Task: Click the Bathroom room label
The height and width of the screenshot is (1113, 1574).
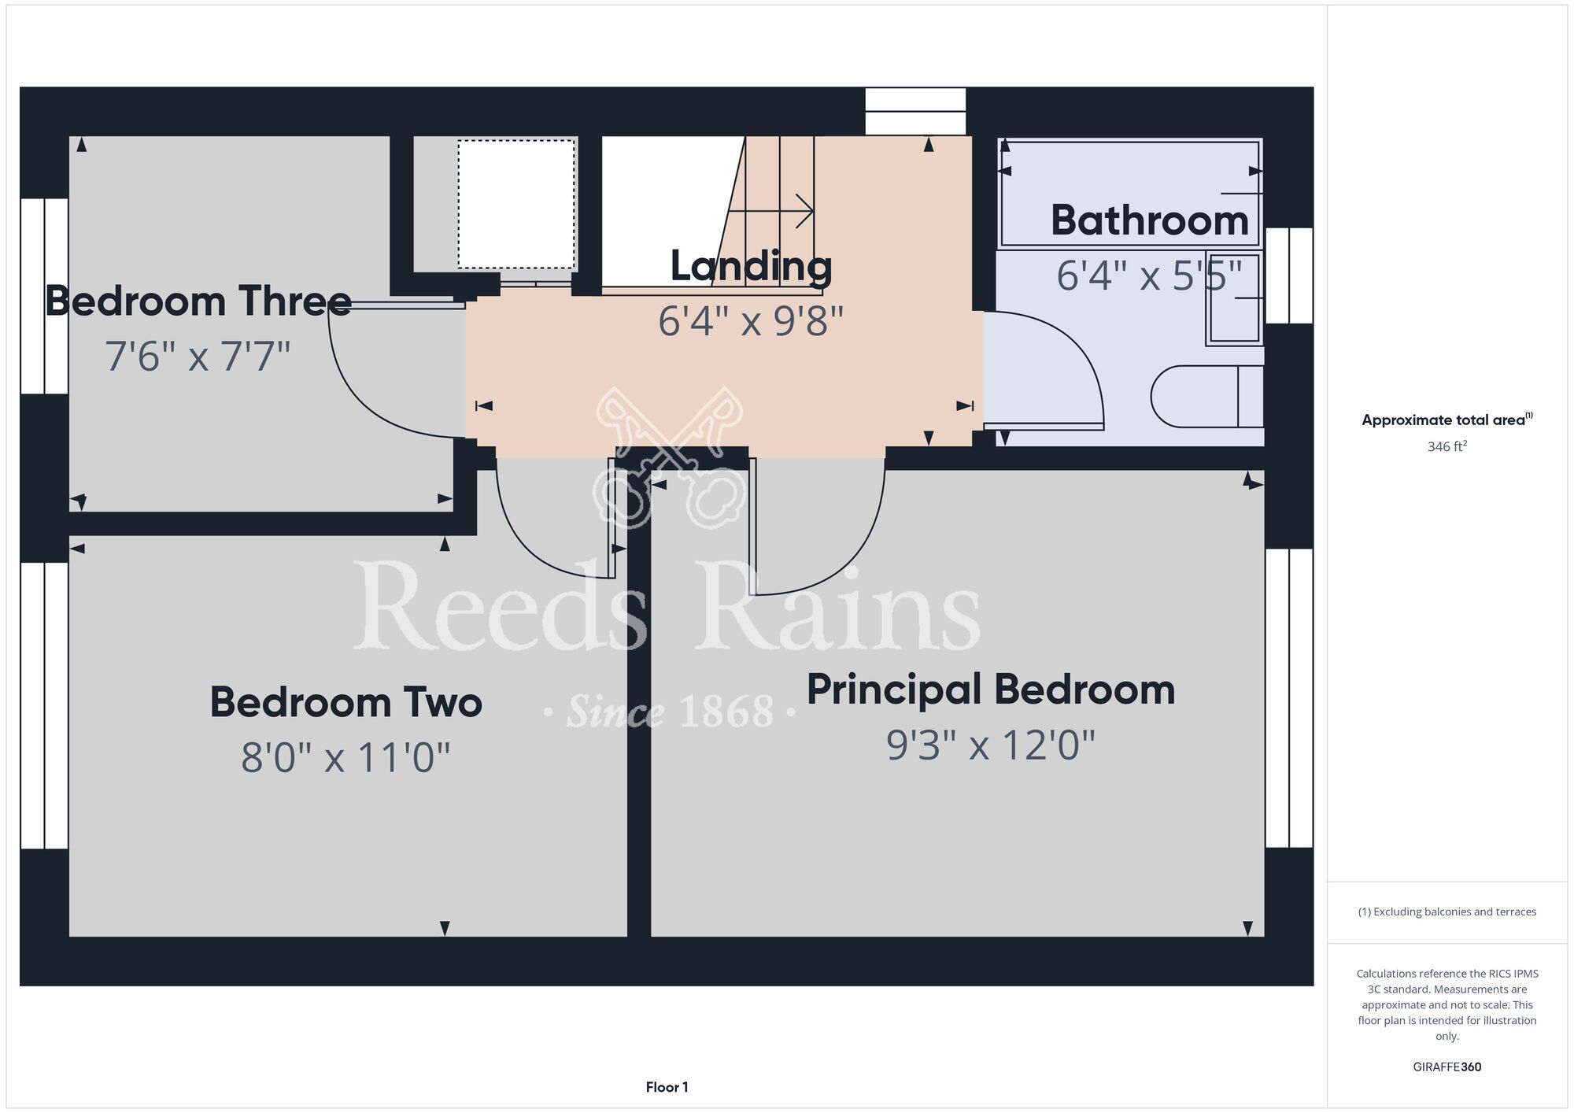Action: point(1150,220)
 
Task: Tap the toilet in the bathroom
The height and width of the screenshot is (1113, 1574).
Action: point(1207,396)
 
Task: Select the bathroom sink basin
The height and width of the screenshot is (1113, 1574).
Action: point(1235,298)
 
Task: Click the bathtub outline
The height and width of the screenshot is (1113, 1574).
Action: point(1130,193)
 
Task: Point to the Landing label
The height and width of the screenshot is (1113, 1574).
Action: point(751,266)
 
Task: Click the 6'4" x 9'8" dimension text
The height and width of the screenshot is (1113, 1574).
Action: point(751,320)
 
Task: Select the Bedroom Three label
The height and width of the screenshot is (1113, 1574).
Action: point(198,301)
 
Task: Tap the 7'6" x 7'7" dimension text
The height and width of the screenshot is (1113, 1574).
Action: point(198,356)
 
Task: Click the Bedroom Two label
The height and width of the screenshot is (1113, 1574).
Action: point(346,702)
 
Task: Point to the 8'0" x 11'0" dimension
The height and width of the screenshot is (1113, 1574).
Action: point(346,757)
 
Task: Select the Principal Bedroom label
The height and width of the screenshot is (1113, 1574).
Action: point(991,690)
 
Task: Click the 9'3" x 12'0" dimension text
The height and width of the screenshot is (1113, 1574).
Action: point(991,745)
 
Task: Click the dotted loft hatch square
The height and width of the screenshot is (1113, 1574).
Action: point(516,205)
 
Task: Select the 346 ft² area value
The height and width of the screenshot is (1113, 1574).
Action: point(1447,446)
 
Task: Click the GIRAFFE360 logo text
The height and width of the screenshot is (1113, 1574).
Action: point(1447,1067)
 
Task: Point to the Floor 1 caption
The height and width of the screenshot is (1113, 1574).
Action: point(667,1087)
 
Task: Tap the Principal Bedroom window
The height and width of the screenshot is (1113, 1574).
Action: point(1289,697)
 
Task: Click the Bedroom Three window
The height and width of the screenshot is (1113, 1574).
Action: point(44,296)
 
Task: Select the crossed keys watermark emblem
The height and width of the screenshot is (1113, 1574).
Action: point(670,457)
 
